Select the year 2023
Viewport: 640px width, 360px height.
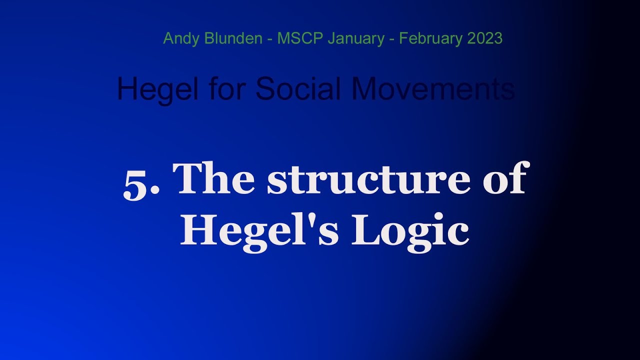(x=485, y=38)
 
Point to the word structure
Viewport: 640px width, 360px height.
(x=368, y=180)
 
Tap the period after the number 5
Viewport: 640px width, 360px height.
(x=155, y=194)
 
